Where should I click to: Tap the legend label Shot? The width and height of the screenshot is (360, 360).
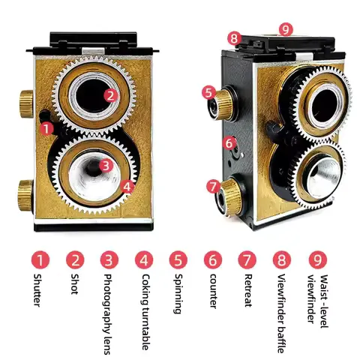coord(75,286)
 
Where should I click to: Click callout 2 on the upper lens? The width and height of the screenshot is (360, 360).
coord(110,94)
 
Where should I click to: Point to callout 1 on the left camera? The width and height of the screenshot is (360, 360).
coord(46,128)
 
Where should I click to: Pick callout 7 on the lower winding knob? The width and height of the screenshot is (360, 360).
coord(214,185)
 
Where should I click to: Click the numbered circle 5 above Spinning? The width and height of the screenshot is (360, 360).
coord(177,260)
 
